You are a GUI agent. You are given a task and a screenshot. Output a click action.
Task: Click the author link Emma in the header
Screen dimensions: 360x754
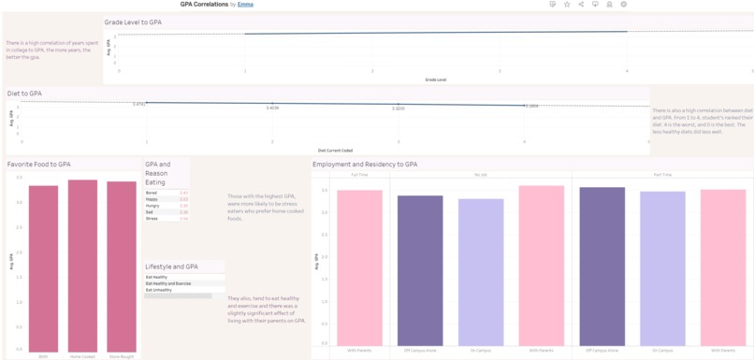(245, 5)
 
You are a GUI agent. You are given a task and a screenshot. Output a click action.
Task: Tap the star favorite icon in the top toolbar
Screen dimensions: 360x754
(567, 5)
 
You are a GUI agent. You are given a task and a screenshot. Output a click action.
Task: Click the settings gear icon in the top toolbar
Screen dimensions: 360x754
(624, 5)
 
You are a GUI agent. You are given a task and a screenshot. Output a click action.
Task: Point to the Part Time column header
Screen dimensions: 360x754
(663, 175)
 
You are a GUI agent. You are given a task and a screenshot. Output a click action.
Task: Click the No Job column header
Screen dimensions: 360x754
(481, 175)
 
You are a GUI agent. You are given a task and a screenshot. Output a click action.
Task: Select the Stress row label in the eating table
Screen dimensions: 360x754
(152, 219)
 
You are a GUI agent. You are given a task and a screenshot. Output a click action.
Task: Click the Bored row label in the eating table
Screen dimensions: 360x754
(152, 193)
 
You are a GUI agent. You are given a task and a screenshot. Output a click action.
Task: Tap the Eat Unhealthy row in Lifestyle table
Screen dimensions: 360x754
(157, 290)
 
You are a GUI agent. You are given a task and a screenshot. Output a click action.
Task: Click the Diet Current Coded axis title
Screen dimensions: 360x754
(335, 150)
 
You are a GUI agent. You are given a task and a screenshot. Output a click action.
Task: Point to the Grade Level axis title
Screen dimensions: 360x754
(435, 79)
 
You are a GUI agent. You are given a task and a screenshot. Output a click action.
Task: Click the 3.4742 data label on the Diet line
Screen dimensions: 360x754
(139, 105)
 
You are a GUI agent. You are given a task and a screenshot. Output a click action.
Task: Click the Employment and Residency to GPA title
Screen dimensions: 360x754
(365, 165)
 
